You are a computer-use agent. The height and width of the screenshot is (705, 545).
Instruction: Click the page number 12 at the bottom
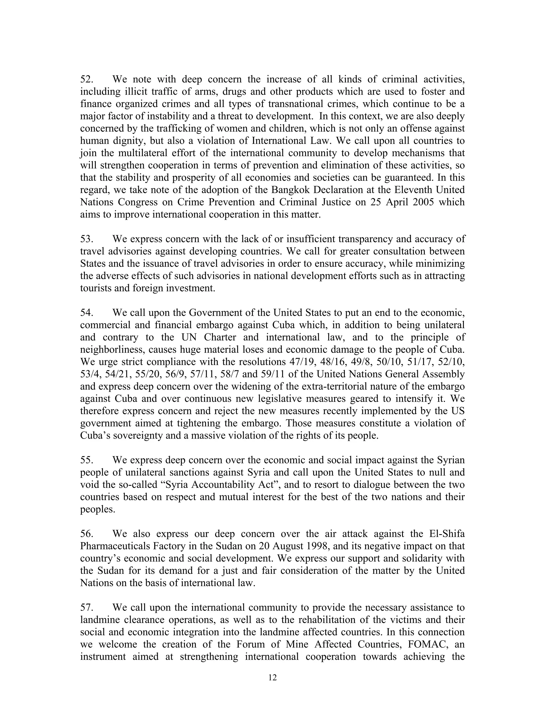click(272, 677)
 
